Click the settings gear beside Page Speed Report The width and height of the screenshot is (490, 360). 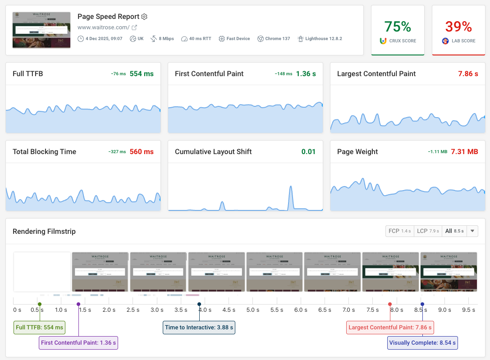144,17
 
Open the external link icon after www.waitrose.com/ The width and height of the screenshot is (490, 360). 134,27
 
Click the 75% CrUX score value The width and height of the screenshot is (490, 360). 398,27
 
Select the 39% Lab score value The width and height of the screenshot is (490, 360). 458,27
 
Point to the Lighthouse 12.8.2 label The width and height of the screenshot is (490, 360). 323,39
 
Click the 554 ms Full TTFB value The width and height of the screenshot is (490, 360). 142,74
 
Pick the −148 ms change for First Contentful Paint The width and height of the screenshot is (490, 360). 283,74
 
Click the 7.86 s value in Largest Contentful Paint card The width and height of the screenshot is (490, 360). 468,74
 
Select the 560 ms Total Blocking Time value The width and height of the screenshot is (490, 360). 142,152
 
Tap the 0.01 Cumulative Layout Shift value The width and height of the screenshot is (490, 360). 308,152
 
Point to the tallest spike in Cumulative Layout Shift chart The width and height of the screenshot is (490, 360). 291,187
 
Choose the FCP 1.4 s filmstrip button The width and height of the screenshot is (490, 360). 399,231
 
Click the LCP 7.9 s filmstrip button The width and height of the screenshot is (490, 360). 428,231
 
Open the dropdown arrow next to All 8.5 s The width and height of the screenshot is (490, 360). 472,231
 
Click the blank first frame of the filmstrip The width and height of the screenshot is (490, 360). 42,272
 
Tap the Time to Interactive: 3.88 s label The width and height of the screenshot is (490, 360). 199,328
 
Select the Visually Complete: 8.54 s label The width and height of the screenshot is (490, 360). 422,343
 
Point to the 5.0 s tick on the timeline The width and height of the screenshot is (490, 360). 253,310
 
